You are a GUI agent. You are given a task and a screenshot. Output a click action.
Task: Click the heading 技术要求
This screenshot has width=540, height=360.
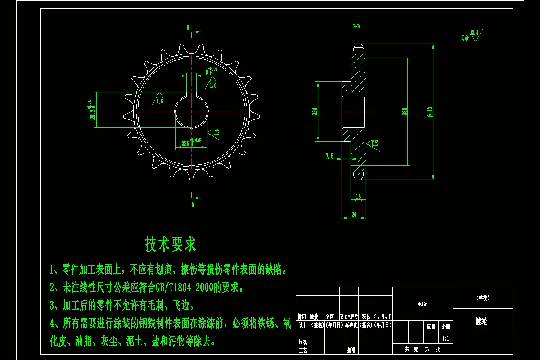pos(171,244)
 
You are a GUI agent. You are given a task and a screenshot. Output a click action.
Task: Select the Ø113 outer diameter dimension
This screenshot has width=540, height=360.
pos(430,112)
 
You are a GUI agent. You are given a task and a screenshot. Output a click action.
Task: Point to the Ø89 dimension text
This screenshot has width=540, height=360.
pos(405,112)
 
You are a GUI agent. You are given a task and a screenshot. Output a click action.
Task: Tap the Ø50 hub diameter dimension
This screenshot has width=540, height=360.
pos(315,111)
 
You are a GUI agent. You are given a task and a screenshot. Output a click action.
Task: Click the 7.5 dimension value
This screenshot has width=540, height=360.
pos(329,156)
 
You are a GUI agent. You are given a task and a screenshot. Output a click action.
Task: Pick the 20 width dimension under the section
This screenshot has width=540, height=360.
pos(354,216)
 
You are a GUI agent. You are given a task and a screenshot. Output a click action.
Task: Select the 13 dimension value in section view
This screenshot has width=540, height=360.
pos(358,196)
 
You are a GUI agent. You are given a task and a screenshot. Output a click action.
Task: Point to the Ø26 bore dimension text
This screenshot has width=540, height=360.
pos(185,144)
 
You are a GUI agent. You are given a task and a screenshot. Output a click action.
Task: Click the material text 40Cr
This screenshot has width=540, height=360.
pos(423,303)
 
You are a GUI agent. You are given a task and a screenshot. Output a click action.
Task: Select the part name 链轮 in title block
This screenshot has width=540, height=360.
pos(481,322)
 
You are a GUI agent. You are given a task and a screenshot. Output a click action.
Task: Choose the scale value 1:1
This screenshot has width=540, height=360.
pos(445,338)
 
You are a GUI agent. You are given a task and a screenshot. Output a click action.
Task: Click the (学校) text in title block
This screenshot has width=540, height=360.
pos(482,298)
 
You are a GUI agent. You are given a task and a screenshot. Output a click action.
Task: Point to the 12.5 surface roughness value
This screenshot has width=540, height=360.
pos(474,32)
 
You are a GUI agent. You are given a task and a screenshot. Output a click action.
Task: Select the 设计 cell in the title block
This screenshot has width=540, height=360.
pos(302,324)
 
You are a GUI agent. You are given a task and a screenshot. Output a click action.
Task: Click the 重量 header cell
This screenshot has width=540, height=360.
pos(431,327)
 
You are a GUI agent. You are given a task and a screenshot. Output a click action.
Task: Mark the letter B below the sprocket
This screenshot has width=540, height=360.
pos(193,205)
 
